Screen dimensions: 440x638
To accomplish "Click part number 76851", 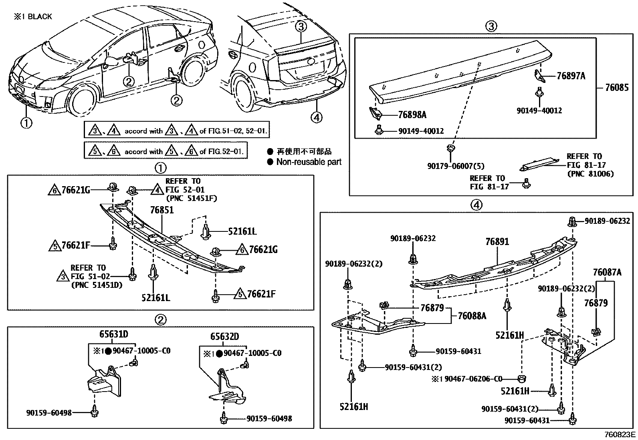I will (162, 210).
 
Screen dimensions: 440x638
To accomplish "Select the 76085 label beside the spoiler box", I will (617, 88).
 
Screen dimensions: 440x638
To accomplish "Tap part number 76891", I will (497, 242).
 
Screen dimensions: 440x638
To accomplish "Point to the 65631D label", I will (114, 334).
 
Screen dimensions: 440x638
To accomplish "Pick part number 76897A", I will (571, 76).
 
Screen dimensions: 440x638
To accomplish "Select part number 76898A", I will (412, 115).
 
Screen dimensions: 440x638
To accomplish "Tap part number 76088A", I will (472, 316).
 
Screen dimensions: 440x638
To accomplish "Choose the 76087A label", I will (607, 273).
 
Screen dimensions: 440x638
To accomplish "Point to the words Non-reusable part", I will (309, 162).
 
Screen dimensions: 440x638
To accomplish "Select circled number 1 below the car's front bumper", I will (26, 123).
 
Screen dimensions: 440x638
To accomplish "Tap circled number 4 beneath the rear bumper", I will (316, 117).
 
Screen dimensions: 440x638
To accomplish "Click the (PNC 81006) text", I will (590, 174).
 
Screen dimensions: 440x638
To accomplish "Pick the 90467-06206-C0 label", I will (467, 378).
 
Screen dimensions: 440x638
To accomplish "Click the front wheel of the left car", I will (83, 100).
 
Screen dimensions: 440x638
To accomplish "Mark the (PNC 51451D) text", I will (97, 285).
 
